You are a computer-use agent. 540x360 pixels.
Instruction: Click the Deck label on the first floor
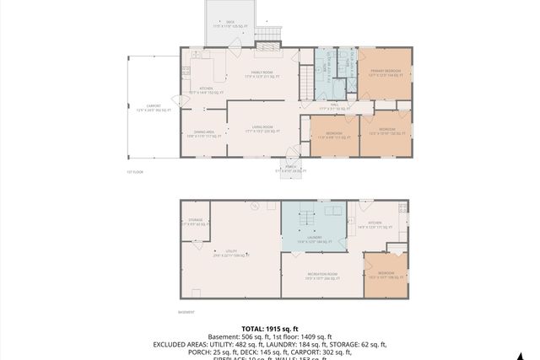click(x=230, y=23)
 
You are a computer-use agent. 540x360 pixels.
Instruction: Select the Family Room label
click(x=262, y=76)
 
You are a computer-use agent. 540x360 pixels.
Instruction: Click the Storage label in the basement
click(x=194, y=222)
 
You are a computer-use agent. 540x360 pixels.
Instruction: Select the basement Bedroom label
click(x=386, y=275)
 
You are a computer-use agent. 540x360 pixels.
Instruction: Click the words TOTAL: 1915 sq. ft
click(x=270, y=328)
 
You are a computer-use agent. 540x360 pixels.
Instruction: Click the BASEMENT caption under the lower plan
click(x=186, y=311)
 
